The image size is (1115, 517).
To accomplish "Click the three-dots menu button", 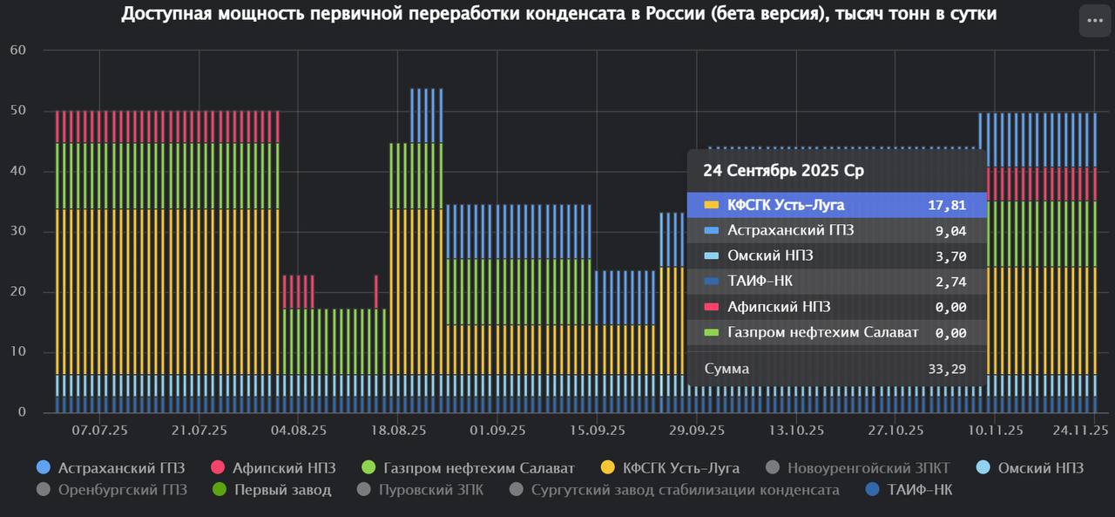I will (1095, 20).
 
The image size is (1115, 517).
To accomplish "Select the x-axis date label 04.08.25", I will (299, 430).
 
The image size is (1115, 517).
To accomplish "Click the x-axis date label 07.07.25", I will (100, 430).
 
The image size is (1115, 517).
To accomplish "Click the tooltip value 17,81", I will (947, 206).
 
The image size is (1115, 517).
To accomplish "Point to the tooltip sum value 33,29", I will (947, 369).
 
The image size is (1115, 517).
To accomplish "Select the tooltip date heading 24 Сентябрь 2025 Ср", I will (783, 171).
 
